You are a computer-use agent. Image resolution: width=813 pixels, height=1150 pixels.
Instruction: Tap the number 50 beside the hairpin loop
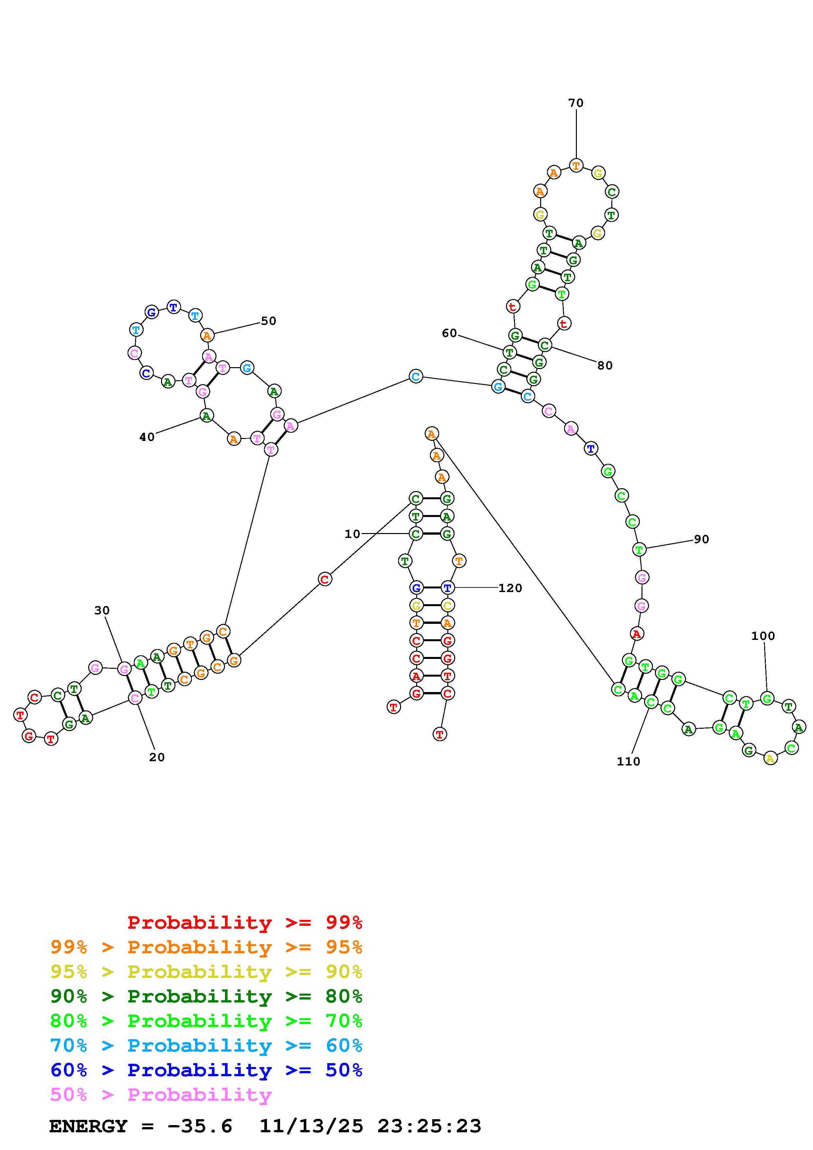pos(269,321)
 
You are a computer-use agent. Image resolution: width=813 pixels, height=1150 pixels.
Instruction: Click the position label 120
pos(510,588)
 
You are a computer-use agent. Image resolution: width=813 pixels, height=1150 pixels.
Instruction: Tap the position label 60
pos(449,333)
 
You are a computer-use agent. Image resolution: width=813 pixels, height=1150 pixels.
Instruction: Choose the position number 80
pos(605,366)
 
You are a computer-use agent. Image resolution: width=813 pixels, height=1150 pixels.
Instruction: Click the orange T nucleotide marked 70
pos(576,165)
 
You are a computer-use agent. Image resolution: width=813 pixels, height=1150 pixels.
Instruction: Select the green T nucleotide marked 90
pos(639,549)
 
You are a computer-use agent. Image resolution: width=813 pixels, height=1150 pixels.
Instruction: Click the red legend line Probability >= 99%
pos(245,922)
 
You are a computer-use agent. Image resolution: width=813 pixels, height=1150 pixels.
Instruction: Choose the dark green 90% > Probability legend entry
pos(206,996)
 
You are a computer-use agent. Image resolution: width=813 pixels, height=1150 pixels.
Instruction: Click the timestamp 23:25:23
pos(429,1126)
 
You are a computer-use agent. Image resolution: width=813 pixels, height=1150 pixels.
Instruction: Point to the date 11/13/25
pos(311,1126)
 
